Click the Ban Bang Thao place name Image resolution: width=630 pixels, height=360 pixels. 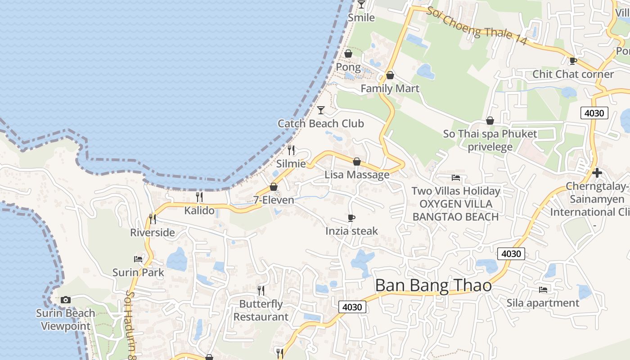click(433, 285)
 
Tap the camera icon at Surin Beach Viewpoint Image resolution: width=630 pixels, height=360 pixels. click(66, 300)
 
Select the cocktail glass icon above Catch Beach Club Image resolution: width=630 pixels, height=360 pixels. click(321, 110)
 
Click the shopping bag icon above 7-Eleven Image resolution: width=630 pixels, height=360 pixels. click(274, 187)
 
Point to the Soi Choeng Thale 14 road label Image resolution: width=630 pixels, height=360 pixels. click(477, 26)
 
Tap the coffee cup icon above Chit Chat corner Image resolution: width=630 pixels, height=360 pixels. click(573, 61)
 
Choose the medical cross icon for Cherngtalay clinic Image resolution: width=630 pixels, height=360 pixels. click(597, 173)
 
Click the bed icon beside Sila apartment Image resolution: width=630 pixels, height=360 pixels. click(543, 289)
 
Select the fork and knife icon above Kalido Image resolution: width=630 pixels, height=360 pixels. click(199, 197)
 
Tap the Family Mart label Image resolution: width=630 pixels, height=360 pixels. click(390, 89)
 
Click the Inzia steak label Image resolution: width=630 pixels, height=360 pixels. click(351, 231)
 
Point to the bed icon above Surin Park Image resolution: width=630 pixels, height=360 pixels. click(138, 259)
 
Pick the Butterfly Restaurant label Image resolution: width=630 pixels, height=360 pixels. click(261, 310)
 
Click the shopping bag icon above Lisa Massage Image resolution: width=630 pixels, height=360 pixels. click(357, 161)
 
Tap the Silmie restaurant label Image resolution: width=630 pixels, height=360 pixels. click(291, 164)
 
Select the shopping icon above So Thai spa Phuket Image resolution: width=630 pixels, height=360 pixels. click(490, 121)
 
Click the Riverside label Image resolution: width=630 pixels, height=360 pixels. click(152, 233)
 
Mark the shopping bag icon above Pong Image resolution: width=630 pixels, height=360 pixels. click(348, 54)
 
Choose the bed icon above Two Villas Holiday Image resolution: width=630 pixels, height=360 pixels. click(456, 178)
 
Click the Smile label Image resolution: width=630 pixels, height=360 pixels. click(361, 18)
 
